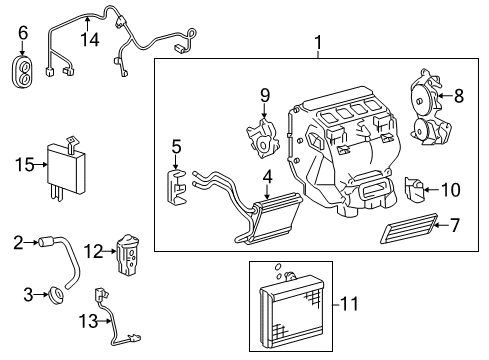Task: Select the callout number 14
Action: (x=90, y=39)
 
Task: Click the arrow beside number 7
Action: (x=438, y=226)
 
